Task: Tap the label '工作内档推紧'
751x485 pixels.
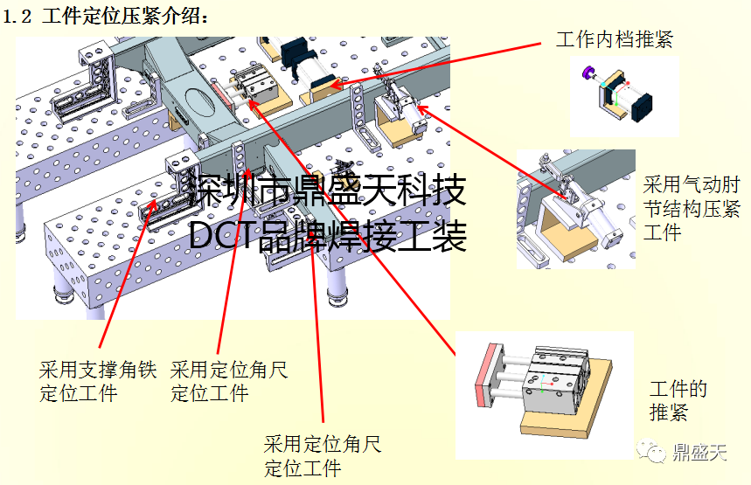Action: [615, 38]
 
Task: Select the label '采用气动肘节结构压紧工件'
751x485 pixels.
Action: [691, 209]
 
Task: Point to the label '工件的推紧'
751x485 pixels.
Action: [678, 400]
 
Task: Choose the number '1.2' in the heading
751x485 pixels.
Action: [19, 16]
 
